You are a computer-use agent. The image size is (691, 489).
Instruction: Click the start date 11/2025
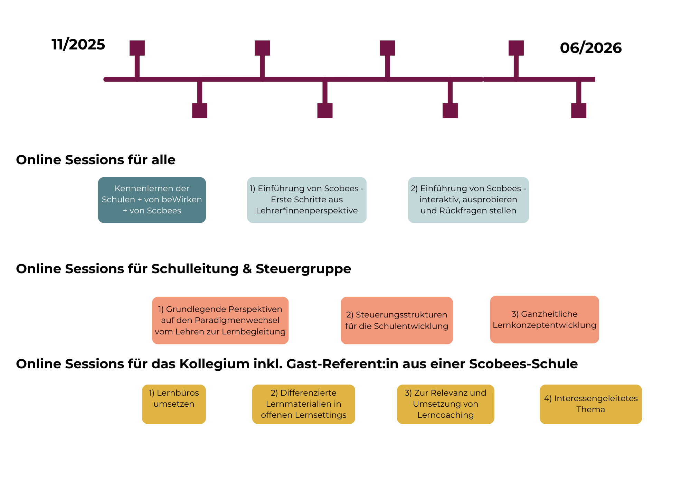78,45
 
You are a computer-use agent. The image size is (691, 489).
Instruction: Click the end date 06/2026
590,48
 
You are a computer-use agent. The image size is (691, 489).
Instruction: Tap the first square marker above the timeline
137,48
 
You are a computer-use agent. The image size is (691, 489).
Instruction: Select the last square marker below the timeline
578,111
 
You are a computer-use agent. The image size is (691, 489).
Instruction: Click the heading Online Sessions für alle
96,160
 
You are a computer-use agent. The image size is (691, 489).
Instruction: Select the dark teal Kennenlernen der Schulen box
152,200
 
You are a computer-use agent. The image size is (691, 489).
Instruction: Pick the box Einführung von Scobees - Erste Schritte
306,200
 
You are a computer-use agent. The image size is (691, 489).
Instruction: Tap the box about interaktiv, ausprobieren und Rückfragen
468,200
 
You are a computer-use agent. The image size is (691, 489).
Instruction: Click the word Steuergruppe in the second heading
303,269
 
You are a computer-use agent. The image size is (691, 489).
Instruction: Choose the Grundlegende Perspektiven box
220,320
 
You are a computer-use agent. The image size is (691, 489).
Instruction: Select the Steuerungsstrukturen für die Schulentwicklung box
397,320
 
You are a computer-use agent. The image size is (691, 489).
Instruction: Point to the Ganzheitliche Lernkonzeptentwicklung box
544,320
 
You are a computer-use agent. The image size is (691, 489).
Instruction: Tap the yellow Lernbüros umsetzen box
174,404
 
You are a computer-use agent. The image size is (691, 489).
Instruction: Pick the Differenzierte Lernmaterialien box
303,404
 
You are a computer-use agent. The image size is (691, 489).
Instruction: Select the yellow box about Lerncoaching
445,404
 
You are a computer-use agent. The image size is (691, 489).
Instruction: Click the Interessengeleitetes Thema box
590,404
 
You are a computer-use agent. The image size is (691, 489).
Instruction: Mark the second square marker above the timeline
262,48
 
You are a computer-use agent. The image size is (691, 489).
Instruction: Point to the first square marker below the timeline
200,111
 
